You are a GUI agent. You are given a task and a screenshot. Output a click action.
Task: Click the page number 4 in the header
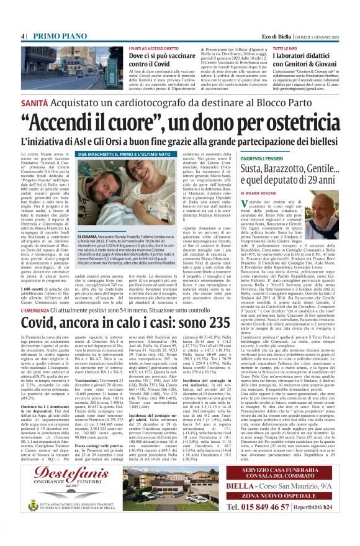[x=23, y=35]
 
